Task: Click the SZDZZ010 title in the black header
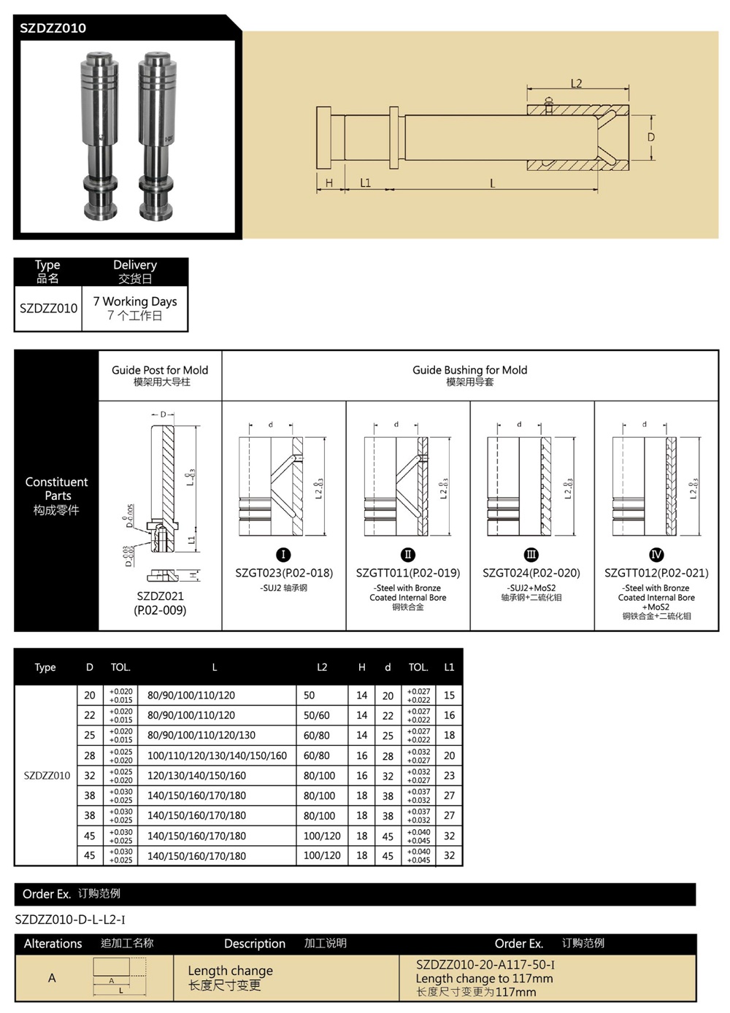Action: (x=53, y=28)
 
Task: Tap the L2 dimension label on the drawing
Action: (x=576, y=83)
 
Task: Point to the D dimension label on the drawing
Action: (x=651, y=137)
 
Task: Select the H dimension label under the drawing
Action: (x=329, y=183)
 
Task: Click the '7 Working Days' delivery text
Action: (x=135, y=301)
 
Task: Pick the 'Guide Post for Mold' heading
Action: (x=160, y=370)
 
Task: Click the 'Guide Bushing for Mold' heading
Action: (x=469, y=370)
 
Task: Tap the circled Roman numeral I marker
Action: (x=284, y=555)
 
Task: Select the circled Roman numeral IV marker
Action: (x=656, y=555)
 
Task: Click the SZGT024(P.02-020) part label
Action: (x=531, y=573)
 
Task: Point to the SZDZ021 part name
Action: (x=160, y=596)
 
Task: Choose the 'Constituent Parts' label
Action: (x=56, y=489)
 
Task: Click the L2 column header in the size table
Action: (x=322, y=667)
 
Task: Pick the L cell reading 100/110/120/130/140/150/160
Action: (x=217, y=755)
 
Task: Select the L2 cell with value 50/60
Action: (x=317, y=715)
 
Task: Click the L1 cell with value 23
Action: (x=449, y=775)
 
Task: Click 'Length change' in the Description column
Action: (x=230, y=971)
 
